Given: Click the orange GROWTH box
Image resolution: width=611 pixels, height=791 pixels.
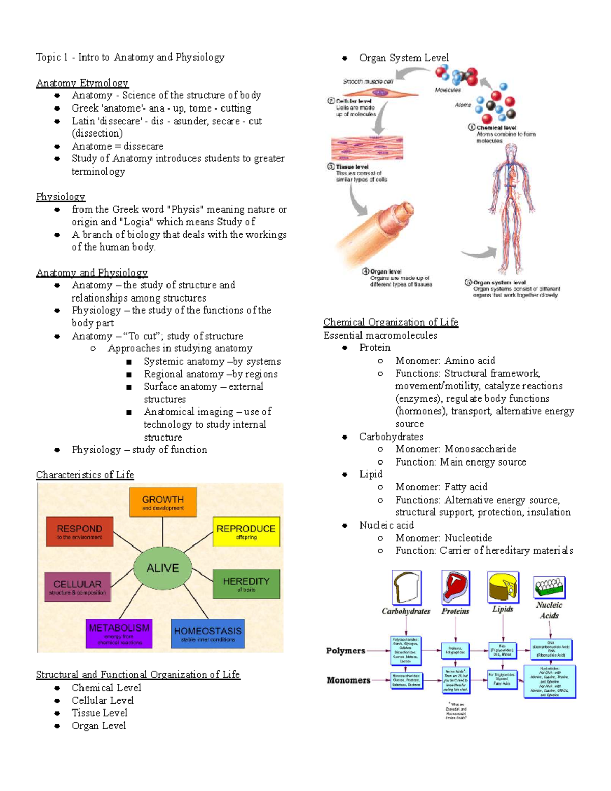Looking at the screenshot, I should click(163, 502).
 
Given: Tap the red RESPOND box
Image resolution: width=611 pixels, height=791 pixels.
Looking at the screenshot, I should click(79, 532).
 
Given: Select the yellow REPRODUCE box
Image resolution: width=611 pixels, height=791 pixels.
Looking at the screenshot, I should click(246, 532).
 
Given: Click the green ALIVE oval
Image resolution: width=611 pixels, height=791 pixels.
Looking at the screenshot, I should click(163, 568).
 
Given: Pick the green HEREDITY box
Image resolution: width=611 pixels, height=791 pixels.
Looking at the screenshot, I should click(246, 584).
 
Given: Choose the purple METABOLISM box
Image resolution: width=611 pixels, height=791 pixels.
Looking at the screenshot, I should click(119, 633).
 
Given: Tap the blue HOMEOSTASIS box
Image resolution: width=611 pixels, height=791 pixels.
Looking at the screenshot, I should click(208, 634).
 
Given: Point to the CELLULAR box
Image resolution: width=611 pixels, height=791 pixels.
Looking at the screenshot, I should click(77, 587).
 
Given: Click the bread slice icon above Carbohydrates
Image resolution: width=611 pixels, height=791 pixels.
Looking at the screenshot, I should click(406, 588).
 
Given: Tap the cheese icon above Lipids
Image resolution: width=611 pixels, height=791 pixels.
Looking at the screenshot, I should click(503, 586).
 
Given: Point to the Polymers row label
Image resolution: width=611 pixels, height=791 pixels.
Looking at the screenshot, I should click(346, 651).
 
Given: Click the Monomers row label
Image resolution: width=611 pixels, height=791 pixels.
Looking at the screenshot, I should click(348, 680).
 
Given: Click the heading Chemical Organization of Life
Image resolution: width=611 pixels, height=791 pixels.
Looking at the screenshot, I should click(391, 322).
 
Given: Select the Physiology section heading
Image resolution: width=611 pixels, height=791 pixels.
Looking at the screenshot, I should click(61, 197).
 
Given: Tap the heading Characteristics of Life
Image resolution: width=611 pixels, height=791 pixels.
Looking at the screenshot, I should click(85, 475).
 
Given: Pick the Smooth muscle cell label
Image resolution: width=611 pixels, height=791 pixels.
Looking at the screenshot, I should click(368, 81).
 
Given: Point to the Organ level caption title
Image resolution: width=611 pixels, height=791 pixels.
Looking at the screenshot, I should click(385, 271).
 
